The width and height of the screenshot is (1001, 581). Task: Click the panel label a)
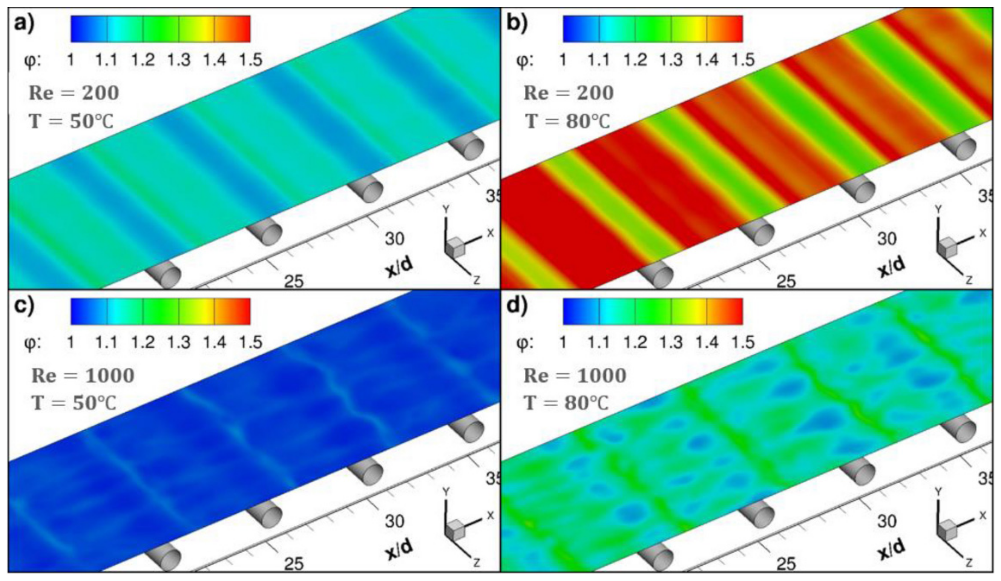pos(25,25)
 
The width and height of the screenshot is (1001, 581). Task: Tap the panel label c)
pos(25,307)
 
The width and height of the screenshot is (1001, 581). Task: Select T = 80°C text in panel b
pos(568,121)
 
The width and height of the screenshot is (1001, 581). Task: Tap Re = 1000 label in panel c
pos(83,375)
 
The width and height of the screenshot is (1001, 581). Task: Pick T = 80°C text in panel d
pos(567,403)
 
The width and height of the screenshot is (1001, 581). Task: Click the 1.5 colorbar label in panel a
pos(251,60)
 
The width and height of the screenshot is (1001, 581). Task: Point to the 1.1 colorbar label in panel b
pos(599,60)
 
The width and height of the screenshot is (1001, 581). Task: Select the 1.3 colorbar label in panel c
pos(179,342)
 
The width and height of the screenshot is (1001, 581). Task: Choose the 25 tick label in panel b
pos(786,282)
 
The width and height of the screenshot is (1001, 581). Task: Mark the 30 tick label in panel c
pos(394,521)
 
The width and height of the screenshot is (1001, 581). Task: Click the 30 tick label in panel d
pos(887,521)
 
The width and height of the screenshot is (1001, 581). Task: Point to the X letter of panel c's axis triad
pos(491,515)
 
